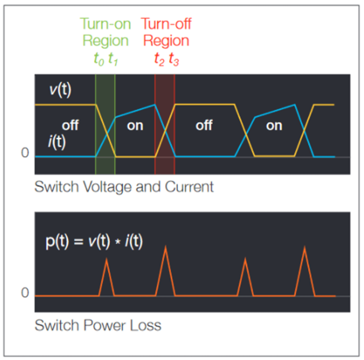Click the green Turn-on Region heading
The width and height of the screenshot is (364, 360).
tap(105, 32)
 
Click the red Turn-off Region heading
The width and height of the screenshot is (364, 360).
tap(166, 32)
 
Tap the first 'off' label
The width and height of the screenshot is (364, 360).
tap(70, 125)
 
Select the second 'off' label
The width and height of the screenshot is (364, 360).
tap(204, 125)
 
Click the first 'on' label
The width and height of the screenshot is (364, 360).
tap(135, 125)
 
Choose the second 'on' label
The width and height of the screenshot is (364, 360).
tap(274, 125)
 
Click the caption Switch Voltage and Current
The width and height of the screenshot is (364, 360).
tap(124, 187)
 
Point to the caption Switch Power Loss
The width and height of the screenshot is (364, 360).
tap(97, 325)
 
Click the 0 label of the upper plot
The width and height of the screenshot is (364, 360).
tap(25, 153)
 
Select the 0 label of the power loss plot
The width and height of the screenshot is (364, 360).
tap(25, 293)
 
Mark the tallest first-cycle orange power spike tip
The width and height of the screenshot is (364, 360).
tap(166, 246)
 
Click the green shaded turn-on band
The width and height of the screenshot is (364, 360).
tap(105, 124)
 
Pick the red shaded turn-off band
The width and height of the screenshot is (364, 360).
tap(165, 124)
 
